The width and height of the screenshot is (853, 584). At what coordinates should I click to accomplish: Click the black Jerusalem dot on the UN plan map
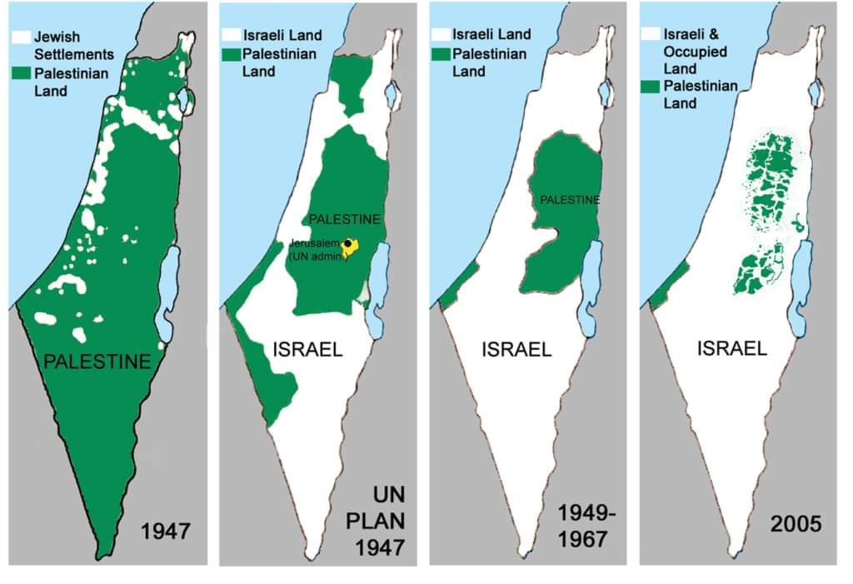click(x=347, y=242)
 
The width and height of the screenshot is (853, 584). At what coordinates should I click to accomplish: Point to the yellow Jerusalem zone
click(x=351, y=249)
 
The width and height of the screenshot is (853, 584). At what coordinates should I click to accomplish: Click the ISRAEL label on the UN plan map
click(x=307, y=349)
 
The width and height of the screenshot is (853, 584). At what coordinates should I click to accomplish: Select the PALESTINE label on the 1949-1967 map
click(x=569, y=200)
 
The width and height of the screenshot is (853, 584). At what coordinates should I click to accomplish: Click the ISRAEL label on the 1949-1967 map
click(x=516, y=349)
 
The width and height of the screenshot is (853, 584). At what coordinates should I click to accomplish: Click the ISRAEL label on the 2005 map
click(x=732, y=349)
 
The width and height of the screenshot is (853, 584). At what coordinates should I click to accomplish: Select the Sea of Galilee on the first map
click(x=184, y=102)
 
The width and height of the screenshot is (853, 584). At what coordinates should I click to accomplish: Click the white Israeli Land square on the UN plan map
click(x=230, y=37)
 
